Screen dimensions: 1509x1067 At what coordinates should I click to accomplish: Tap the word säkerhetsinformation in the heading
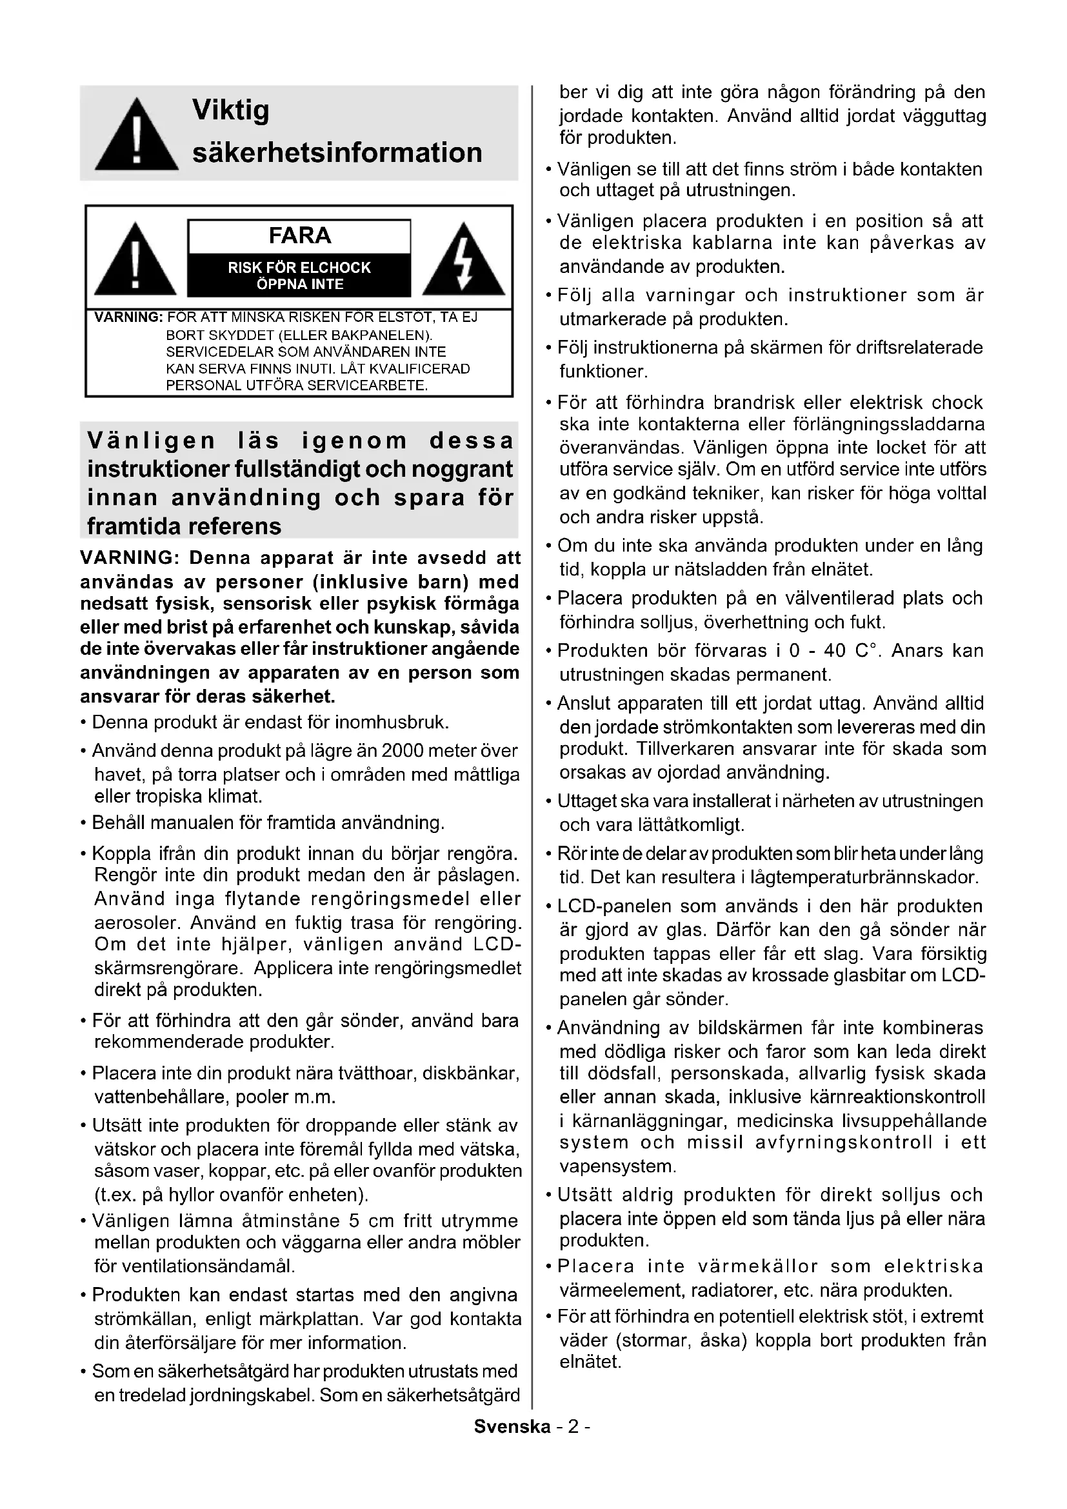[x=337, y=152]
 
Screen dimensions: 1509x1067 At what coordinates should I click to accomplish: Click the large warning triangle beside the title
[x=136, y=135]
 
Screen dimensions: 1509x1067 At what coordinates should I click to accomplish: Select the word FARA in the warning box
[x=299, y=235]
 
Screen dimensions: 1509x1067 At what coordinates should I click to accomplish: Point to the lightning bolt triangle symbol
[x=464, y=260]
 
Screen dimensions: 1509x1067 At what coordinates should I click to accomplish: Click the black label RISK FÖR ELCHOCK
[x=299, y=268]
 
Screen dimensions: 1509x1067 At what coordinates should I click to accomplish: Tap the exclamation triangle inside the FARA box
[x=135, y=260]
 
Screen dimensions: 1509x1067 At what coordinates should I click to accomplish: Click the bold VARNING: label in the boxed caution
[x=128, y=317]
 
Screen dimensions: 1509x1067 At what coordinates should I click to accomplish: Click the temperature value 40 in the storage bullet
[x=834, y=651]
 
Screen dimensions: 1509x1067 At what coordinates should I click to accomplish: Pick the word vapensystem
[x=617, y=1166]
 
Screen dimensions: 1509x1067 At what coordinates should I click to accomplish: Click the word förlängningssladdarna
[x=890, y=424]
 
